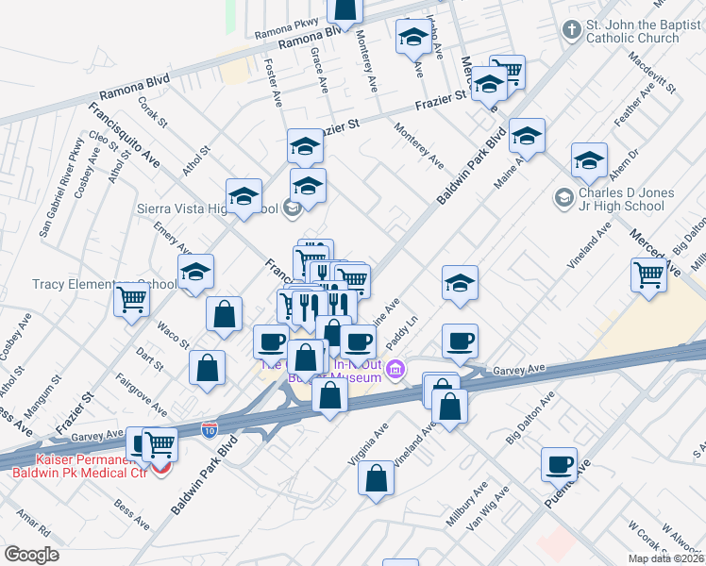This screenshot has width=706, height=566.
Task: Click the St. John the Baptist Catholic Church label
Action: pyautogui.click(x=631, y=32)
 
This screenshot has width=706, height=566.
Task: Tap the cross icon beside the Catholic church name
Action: pyautogui.click(x=570, y=30)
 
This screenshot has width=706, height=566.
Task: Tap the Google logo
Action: pyautogui.click(x=31, y=555)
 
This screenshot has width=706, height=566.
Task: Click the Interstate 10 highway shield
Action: pyautogui.click(x=210, y=430)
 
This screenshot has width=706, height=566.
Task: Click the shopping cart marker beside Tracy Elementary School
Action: pyautogui.click(x=131, y=300)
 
